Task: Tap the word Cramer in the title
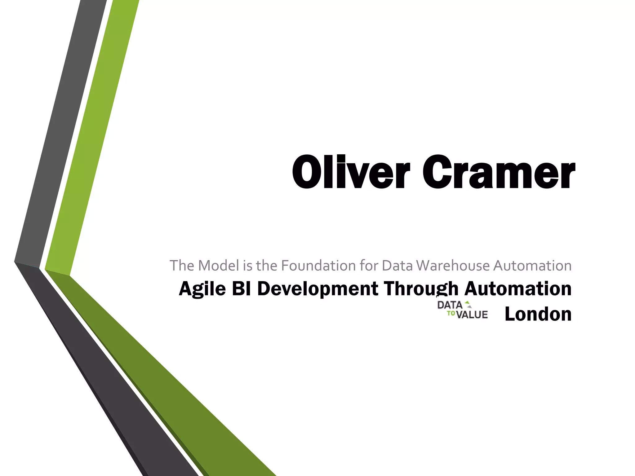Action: (x=499, y=172)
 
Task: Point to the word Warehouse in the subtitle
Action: (x=453, y=266)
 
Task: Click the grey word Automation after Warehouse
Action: (x=532, y=266)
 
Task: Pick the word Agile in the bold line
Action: (x=202, y=289)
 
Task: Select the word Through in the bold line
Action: (x=421, y=289)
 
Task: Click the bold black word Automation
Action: (x=518, y=289)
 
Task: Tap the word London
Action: (x=538, y=314)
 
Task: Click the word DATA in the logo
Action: (x=450, y=305)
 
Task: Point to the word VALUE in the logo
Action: (x=472, y=315)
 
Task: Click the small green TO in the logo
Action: (x=451, y=314)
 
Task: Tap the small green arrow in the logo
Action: (x=468, y=304)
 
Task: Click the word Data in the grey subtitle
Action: (x=397, y=266)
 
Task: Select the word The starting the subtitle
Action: (x=182, y=266)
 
